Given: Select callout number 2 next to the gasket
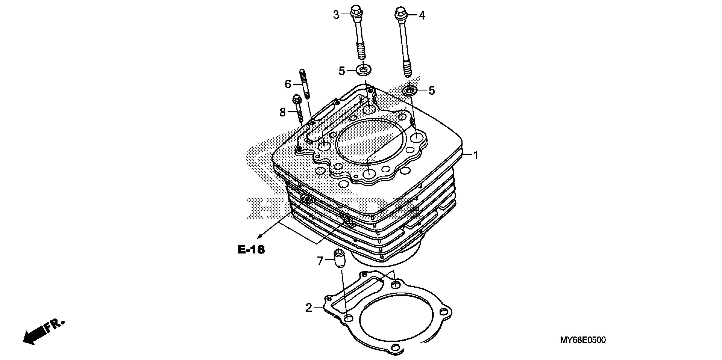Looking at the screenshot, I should [x=309, y=308].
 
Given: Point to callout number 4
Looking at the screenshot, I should [x=422, y=15].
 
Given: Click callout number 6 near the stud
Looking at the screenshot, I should [x=288, y=84].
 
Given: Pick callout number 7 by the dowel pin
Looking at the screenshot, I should [x=320, y=261].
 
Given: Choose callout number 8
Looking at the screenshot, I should [x=282, y=112].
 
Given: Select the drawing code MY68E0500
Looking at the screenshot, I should [x=583, y=340].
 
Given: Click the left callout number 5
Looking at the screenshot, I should [x=341, y=71].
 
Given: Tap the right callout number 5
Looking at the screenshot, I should [x=432, y=90].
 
